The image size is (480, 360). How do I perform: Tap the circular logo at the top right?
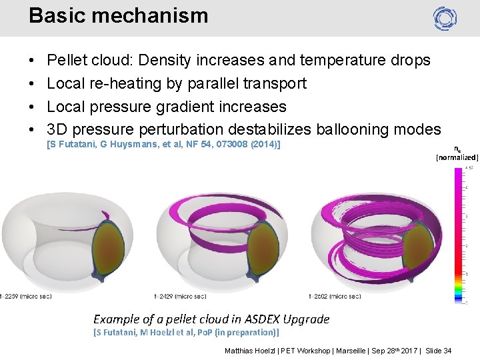[445, 18]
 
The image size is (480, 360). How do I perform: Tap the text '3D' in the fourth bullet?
[58, 129]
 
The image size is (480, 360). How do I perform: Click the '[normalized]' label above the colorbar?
[457, 157]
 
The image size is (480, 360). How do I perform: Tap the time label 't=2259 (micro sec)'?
[25, 297]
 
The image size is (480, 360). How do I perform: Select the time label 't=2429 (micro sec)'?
[180, 297]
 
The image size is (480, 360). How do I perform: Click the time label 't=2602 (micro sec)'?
[335, 297]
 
